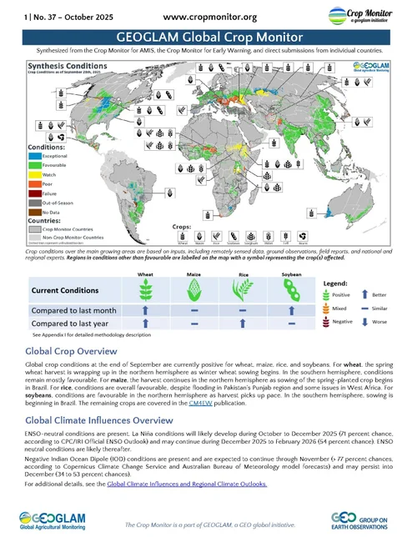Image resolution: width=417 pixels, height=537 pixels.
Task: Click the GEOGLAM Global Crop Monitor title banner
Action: (x=208, y=38)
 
